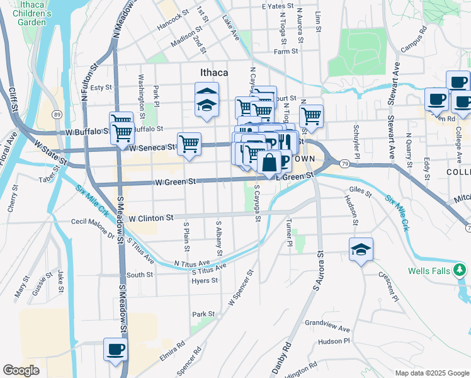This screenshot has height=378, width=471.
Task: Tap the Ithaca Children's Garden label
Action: click(x=23, y=14)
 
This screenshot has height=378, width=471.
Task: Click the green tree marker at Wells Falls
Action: click(x=460, y=271)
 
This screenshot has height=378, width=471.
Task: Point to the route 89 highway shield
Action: click(x=57, y=114)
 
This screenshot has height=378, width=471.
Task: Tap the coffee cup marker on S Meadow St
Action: click(x=115, y=349)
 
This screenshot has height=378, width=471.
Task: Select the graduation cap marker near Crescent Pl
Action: click(x=361, y=249)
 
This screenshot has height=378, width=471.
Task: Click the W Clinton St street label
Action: click(x=151, y=218)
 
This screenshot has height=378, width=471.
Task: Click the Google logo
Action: click(x=21, y=370)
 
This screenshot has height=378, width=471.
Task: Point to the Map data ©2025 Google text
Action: click(x=431, y=373)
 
